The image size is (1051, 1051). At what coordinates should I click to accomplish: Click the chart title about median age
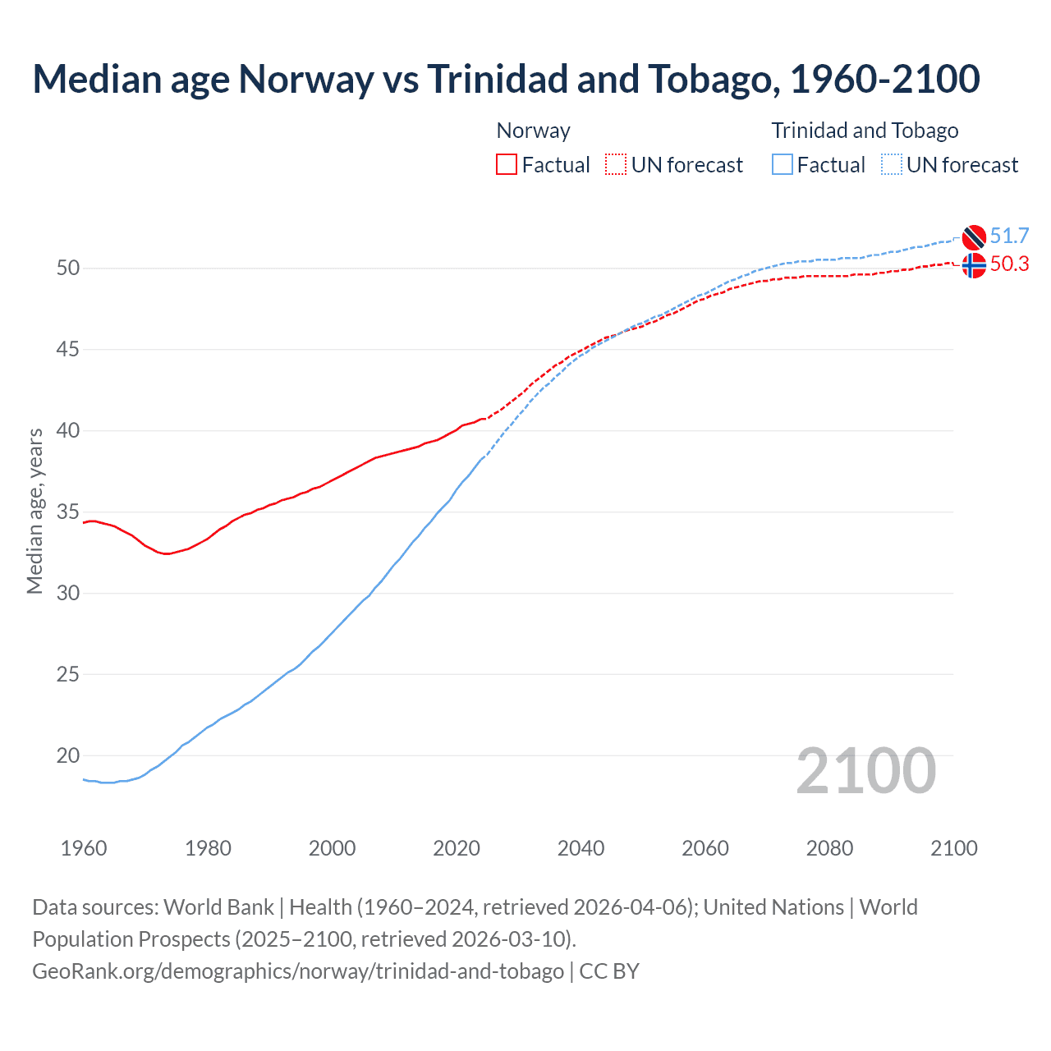coord(506,79)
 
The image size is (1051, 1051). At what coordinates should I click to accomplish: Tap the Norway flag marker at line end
coord(974,266)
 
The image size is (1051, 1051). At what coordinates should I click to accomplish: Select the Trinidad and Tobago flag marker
coord(974,236)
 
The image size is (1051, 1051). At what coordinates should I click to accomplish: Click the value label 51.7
coord(1009,236)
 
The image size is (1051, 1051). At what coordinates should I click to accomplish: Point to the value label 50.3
coord(1009,264)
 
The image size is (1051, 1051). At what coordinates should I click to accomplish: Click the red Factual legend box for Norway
coord(507,165)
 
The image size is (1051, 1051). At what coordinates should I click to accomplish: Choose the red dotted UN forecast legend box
coord(616,165)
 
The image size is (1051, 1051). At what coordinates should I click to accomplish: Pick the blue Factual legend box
coord(783,165)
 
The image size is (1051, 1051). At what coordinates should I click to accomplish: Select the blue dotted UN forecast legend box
coord(892,165)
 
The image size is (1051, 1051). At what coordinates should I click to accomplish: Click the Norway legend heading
coord(533,131)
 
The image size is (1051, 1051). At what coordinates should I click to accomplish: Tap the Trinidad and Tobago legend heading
coord(865,131)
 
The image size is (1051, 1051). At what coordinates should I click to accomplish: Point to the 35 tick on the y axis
coord(68,512)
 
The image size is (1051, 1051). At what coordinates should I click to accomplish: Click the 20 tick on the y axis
coord(68,755)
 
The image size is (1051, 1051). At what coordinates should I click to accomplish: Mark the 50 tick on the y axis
coord(68,268)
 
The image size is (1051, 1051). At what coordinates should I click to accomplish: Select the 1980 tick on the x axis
coord(208,848)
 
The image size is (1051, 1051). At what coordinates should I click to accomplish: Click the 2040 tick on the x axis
coord(581,848)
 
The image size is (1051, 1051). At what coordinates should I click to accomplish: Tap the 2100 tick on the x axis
coord(953,848)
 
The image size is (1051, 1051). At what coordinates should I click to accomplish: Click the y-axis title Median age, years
coord(34,511)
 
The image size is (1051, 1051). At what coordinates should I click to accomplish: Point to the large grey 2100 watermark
coord(865,771)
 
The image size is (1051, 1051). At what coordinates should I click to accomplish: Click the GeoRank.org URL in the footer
coord(298,971)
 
